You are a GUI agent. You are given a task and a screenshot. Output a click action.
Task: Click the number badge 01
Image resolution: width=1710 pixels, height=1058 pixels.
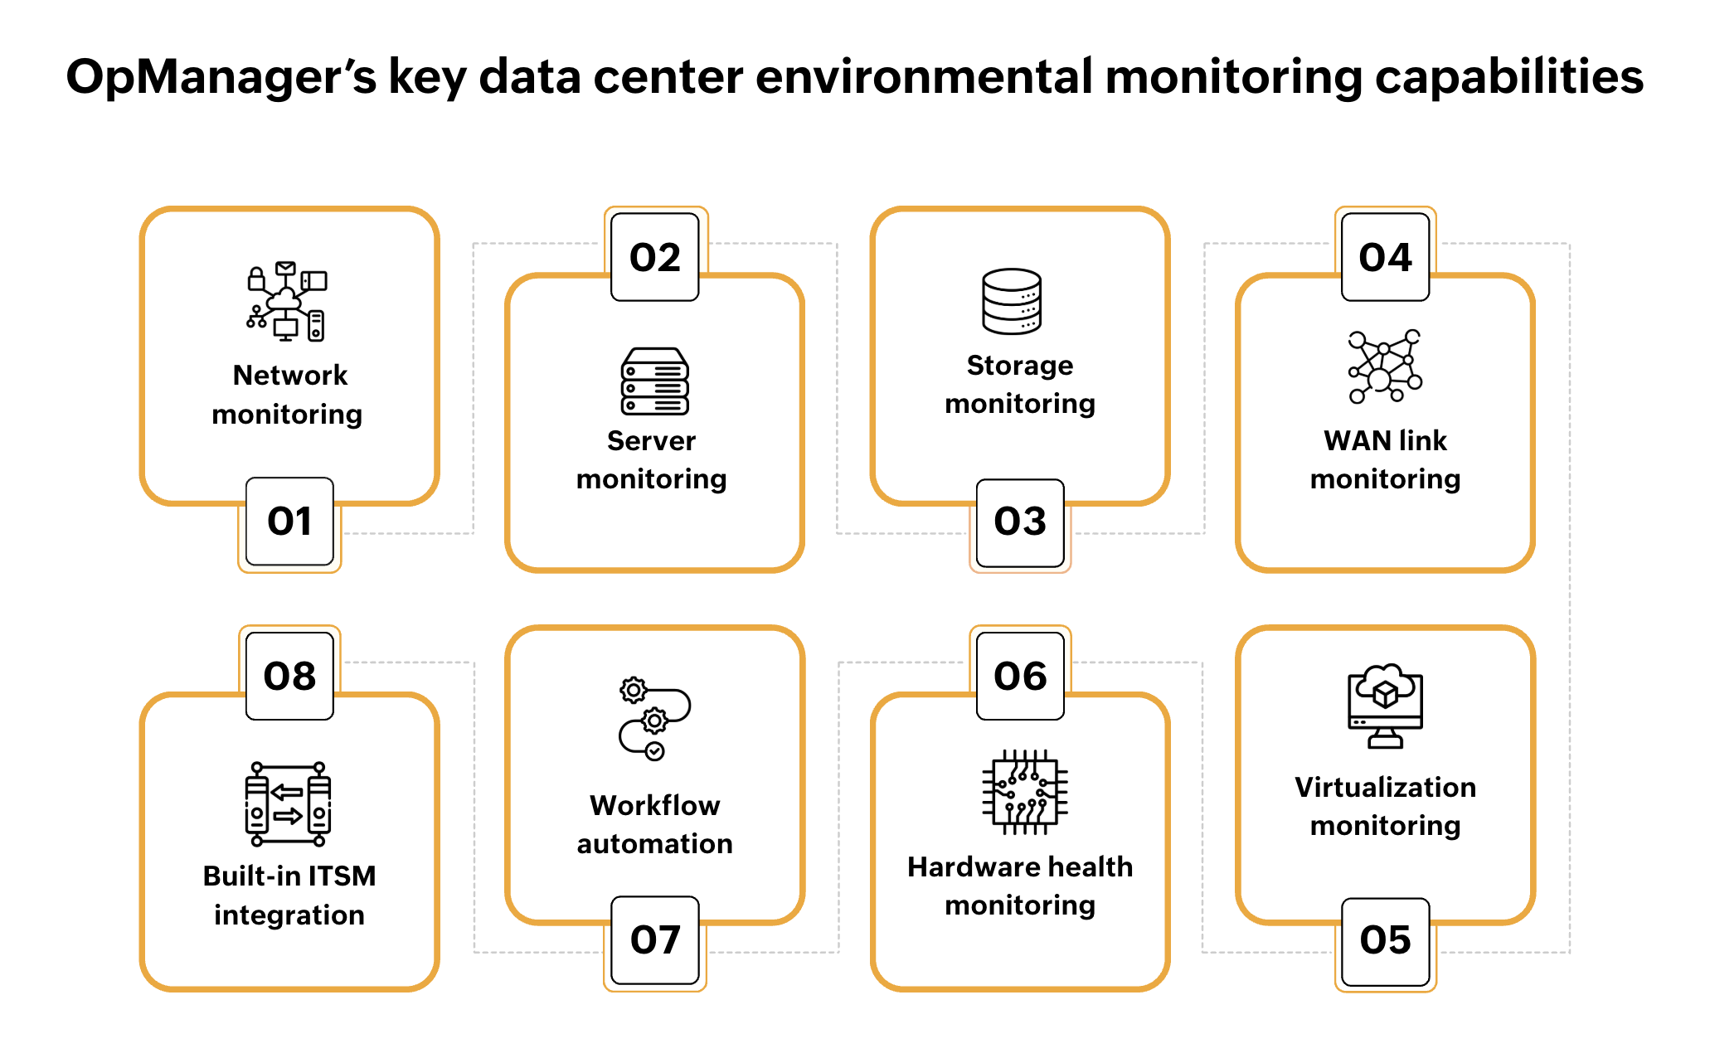click(x=289, y=522)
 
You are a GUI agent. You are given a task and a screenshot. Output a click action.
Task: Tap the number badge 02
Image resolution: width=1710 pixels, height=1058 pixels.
click(x=654, y=257)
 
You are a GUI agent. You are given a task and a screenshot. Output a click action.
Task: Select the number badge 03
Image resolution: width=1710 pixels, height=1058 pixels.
click(x=1020, y=522)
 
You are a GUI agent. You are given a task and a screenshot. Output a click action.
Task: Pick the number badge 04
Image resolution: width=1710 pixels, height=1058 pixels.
click(x=1385, y=257)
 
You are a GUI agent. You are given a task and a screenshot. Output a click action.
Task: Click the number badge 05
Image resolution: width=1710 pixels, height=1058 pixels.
click(x=1385, y=940)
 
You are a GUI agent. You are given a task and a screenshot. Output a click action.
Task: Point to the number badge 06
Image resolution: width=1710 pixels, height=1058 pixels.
click(x=1020, y=676)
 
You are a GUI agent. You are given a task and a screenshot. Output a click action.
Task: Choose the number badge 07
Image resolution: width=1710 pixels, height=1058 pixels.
click(x=654, y=940)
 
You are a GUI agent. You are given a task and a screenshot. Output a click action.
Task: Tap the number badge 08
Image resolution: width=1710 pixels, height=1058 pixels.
click(x=289, y=676)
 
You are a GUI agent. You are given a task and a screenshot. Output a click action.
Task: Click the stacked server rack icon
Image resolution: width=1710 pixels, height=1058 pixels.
click(x=654, y=381)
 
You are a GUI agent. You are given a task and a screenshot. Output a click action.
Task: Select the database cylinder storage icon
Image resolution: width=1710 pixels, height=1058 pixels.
click(x=1011, y=301)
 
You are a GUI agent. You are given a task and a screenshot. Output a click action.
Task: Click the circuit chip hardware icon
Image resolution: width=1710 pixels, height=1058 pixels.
click(x=1024, y=792)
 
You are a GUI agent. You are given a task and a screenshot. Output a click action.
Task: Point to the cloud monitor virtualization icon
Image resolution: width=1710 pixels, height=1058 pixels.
click(x=1385, y=706)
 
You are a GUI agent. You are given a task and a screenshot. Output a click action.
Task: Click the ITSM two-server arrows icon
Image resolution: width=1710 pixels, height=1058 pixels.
click(x=288, y=803)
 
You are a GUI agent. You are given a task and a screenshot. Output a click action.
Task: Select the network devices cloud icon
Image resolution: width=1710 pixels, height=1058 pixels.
click(x=287, y=302)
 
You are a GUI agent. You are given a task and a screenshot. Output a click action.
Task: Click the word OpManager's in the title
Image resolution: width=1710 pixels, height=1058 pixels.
click(x=221, y=77)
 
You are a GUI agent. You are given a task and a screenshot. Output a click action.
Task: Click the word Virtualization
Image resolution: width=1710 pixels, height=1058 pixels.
click(x=1385, y=787)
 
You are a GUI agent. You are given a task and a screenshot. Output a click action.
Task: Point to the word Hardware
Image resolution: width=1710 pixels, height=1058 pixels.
click(x=961, y=866)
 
